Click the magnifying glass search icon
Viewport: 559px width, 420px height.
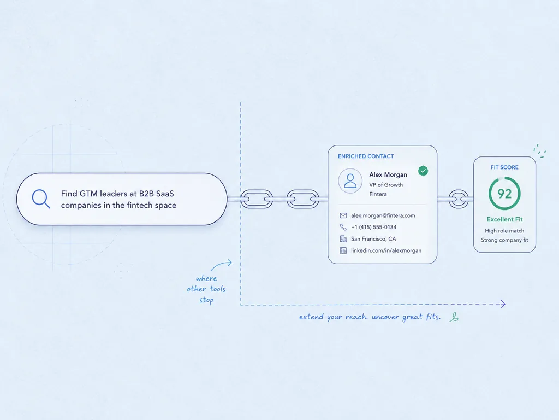click(41, 199)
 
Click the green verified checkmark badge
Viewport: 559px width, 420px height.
click(423, 171)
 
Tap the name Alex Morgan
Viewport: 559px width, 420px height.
click(388, 174)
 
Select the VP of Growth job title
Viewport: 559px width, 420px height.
click(386, 185)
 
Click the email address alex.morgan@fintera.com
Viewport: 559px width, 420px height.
click(383, 215)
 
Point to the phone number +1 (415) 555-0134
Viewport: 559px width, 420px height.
click(373, 227)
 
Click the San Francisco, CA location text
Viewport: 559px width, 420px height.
click(373, 239)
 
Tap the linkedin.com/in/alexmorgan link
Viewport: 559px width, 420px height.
click(386, 250)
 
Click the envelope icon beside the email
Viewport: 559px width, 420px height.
click(343, 215)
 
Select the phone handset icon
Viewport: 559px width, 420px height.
click(343, 227)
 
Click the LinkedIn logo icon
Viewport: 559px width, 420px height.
click(343, 250)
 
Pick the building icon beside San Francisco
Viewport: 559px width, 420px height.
click(343, 239)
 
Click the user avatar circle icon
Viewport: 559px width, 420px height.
click(350, 180)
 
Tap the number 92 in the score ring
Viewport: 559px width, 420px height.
click(504, 194)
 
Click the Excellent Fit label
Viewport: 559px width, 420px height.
click(504, 219)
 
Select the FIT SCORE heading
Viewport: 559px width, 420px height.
click(504, 167)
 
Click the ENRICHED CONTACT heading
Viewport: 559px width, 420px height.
click(366, 156)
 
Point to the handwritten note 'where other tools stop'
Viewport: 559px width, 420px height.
click(206, 289)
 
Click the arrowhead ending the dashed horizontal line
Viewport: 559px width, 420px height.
click(503, 304)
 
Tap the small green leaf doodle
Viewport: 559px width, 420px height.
click(454, 317)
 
